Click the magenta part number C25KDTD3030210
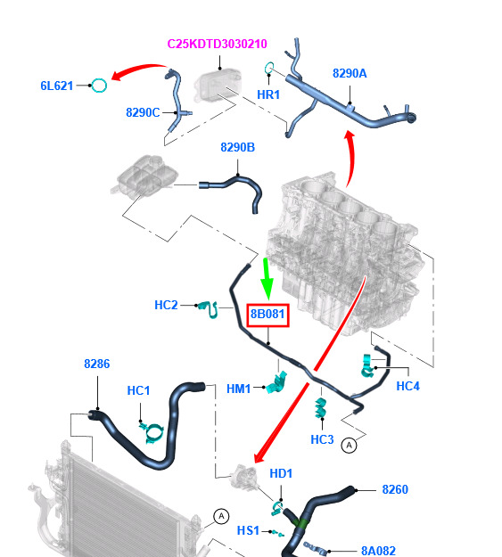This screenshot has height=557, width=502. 217,44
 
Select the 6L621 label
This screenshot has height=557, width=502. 57,86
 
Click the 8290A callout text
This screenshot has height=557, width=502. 350,73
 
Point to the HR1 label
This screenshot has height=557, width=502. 268,94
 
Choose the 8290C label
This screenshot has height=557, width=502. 143,112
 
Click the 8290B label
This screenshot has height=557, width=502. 237,147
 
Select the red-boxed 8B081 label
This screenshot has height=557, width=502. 267,315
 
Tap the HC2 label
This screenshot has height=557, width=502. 166,305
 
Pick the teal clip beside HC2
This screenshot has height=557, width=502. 209,309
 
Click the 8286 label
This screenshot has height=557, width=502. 96,364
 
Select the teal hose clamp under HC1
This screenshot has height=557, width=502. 152,432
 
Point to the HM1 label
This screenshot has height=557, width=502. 239,389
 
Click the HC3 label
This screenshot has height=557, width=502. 322,439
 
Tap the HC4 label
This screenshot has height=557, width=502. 407,386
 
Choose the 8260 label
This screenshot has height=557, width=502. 395,489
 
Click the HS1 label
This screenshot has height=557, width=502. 248,531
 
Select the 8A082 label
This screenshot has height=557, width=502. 378,551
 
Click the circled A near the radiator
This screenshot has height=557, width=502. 221,516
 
